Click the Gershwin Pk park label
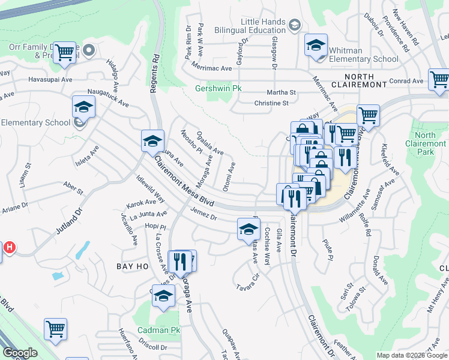coord(217,89)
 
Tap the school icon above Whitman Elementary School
coord(316,46)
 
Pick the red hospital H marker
coord(8,247)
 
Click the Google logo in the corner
coord(20,353)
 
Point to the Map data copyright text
coord(411,355)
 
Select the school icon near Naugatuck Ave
coord(83,108)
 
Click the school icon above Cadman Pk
coord(163,296)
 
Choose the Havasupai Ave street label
coord(50,79)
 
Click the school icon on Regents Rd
coord(152,141)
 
